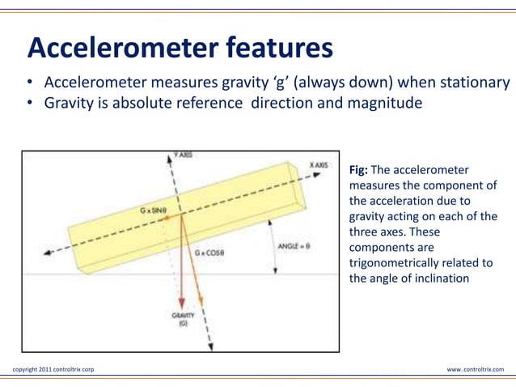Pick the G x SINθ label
pyautogui.click(x=150, y=210)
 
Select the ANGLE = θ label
pyautogui.click(x=295, y=243)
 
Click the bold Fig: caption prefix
pyautogui.click(x=358, y=171)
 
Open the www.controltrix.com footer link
pyautogui.click(x=475, y=370)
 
